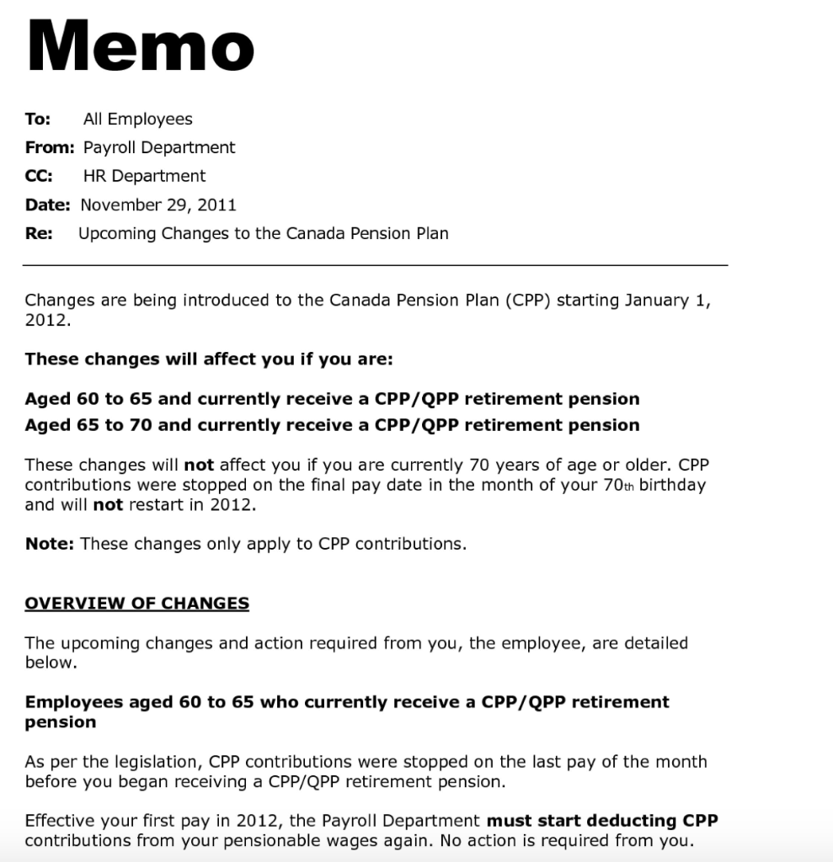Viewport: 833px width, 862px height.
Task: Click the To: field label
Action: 38,120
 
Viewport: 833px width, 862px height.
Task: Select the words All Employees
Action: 137,120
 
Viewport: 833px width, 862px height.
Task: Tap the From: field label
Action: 50,148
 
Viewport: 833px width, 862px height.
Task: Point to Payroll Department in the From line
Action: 159,148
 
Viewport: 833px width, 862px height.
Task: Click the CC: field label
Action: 39,177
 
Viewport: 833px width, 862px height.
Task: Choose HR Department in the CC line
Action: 144,177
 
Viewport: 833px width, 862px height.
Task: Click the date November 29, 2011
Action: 158,205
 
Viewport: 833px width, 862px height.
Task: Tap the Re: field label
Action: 39,234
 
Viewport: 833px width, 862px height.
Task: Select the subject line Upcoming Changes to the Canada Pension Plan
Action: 263,234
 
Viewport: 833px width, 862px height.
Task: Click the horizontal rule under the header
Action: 375,265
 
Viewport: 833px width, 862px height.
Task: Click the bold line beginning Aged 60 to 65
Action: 332,399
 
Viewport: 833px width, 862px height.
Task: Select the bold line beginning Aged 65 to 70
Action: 332,425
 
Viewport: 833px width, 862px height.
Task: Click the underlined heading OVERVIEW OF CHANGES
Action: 136,604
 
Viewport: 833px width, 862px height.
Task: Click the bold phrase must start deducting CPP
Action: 602,821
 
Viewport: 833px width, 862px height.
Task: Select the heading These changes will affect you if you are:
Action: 209,359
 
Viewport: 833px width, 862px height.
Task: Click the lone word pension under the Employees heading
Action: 61,722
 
